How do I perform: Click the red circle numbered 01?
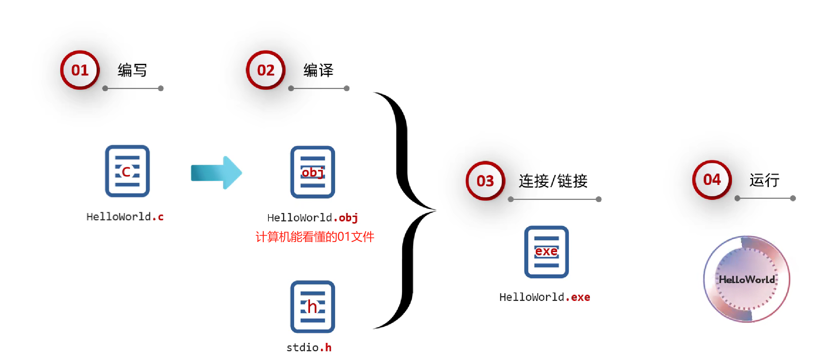(x=80, y=70)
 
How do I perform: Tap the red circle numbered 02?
(x=266, y=70)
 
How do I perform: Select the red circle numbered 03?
(x=485, y=181)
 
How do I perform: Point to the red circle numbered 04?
(x=712, y=179)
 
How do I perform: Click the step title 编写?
(x=132, y=70)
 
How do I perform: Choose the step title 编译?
(x=318, y=70)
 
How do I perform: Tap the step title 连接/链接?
(x=553, y=181)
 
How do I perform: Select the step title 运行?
(x=764, y=180)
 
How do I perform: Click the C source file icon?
(x=127, y=171)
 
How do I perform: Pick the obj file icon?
(x=313, y=172)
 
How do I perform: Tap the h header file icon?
(x=313, y=307)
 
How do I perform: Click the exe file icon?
(x=546, y=252)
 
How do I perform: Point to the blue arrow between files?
(x=216, y=173)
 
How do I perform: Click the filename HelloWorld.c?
(x=125, y=217)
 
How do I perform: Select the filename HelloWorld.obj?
(x=313, y=218)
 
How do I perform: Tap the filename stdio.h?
(x=309, y=348)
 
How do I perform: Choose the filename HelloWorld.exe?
(x=545, y=297)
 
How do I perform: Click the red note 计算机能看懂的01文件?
(x=315, y=237)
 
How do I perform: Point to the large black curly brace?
(x=405, y=210)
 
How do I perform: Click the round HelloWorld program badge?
(x=747, y=279)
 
